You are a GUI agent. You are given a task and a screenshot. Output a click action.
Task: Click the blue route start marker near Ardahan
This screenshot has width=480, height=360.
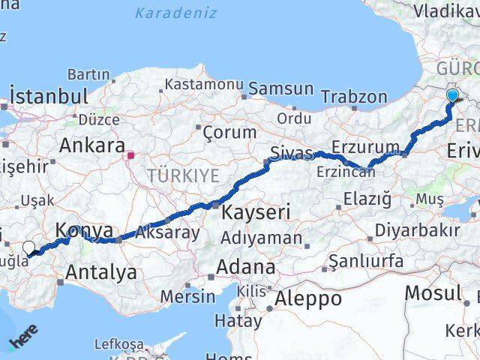(x=452, y=95)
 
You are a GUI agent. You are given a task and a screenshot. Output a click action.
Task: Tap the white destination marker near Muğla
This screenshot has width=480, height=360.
(x=28, y=247)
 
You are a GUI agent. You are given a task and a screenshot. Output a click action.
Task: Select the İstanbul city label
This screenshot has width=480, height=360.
(x=49, y=96)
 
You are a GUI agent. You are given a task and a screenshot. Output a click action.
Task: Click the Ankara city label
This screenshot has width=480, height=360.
(x=91, y=145)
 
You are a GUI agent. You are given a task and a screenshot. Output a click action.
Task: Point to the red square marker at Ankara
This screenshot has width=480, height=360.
(x=130, y=156)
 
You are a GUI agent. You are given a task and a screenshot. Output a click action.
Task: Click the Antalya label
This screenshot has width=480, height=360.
(x=101, y=272)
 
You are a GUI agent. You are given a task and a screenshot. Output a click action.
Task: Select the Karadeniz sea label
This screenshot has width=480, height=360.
(x=175, y=13)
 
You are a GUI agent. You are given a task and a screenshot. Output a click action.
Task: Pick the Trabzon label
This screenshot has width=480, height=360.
(x=354, y=97)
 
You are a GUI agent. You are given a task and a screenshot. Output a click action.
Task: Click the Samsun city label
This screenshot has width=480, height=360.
(x=280, y=88)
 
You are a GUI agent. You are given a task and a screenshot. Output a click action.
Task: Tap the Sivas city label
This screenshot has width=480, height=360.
(x=291, y=153)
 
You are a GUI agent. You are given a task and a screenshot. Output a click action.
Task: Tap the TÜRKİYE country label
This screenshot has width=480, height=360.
(x=183, y=175)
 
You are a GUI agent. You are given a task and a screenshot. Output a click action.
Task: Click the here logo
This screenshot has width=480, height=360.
(x=23, y=339)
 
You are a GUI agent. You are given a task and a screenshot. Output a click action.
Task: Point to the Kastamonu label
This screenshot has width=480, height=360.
(x=204, y=85)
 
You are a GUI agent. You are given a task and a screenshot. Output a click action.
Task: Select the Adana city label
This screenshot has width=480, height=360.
(x=245, y=267)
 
